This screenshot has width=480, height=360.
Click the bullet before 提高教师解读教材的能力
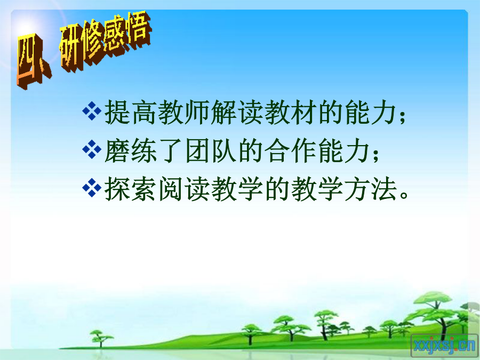(92, 110)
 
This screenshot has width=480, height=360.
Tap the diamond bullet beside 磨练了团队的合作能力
(92, 149)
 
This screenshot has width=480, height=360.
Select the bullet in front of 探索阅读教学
(92, 188)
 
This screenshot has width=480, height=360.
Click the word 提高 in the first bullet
(131, 113)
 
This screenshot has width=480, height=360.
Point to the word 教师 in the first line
(184, 113)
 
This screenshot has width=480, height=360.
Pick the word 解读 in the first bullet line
(237, 113)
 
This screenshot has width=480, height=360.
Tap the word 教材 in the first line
(291, 113)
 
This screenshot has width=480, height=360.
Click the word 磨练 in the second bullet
(131, 151)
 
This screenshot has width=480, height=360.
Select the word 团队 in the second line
(211, 151)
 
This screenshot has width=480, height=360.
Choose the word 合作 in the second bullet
(291, 151)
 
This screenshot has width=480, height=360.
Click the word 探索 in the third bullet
(131, 189)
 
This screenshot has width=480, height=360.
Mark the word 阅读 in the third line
(184, 189)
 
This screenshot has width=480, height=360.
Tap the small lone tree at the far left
(101, 338)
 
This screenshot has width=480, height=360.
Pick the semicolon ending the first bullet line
(403, 116)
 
